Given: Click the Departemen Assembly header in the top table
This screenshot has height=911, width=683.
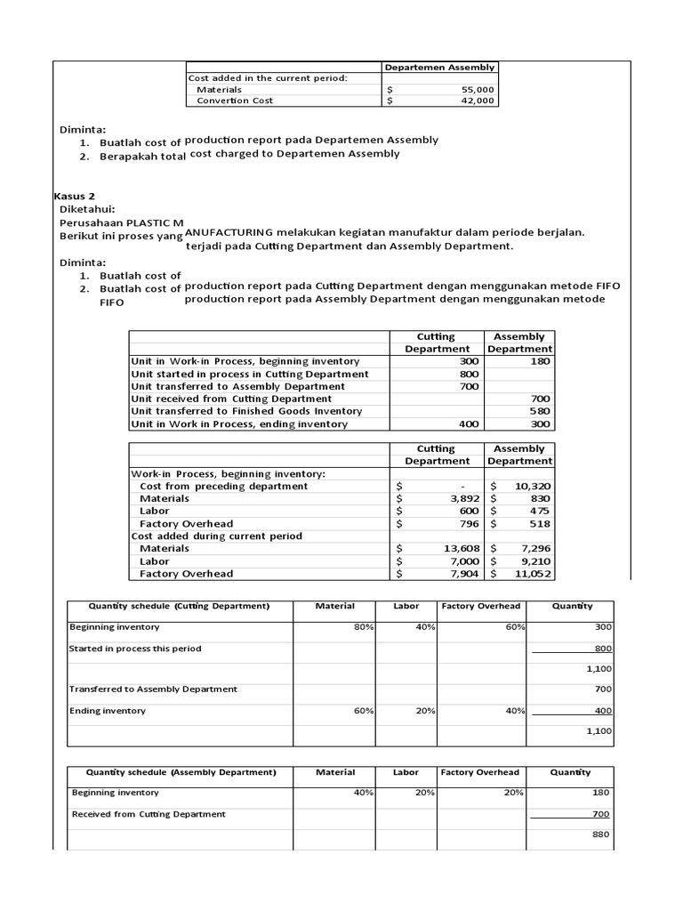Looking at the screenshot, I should [440, 67].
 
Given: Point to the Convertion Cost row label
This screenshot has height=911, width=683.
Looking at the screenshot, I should [235, 101].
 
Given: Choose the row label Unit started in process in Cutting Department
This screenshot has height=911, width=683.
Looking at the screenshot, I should [249, 374].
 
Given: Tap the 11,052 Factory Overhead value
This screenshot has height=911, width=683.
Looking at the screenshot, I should [533, 574].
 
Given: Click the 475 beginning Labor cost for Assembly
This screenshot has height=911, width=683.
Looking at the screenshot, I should [539, 512].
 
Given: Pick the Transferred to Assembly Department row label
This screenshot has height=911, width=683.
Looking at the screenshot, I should [154, 689].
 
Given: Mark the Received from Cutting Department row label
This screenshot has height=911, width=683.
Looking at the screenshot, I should [149, 814].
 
